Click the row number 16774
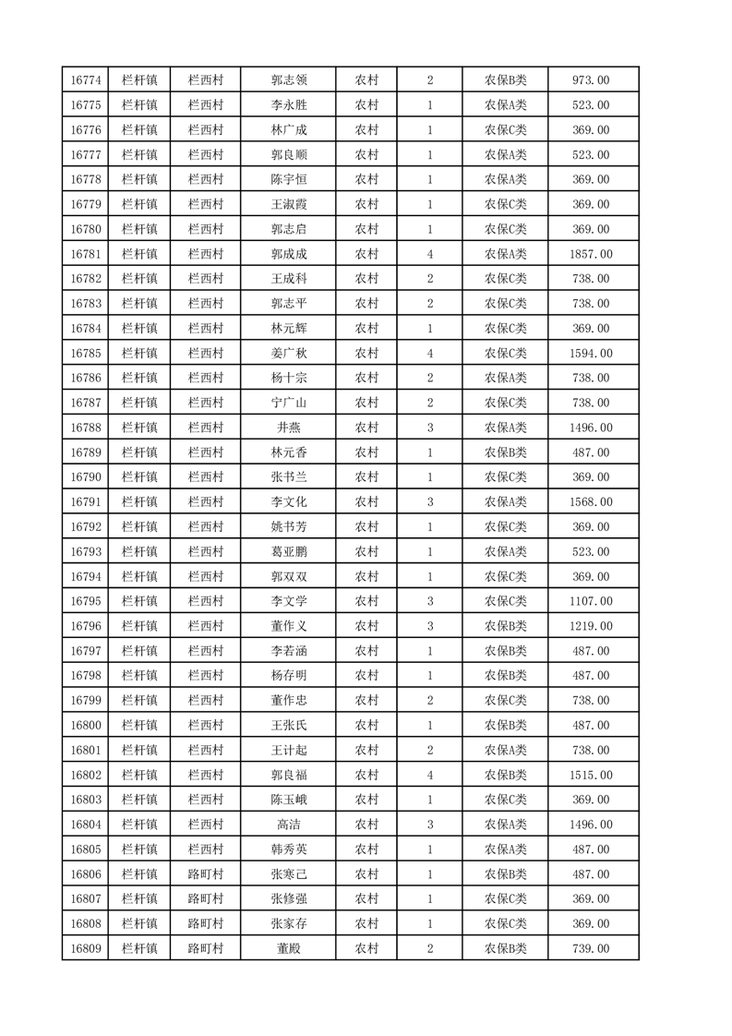tap(85, 80)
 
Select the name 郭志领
tap(288, 80)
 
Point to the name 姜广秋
tap(288, 354)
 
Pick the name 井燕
tap(288, 428)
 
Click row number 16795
tap(85, 601)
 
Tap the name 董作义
tap(288, 626)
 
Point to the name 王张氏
tap(288, 726)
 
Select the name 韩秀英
tap(288, 849)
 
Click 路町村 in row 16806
tap(205, 874)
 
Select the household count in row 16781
tap(430, 254)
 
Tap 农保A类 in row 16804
tap(505, 825)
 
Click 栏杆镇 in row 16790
tap(139, 477)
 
